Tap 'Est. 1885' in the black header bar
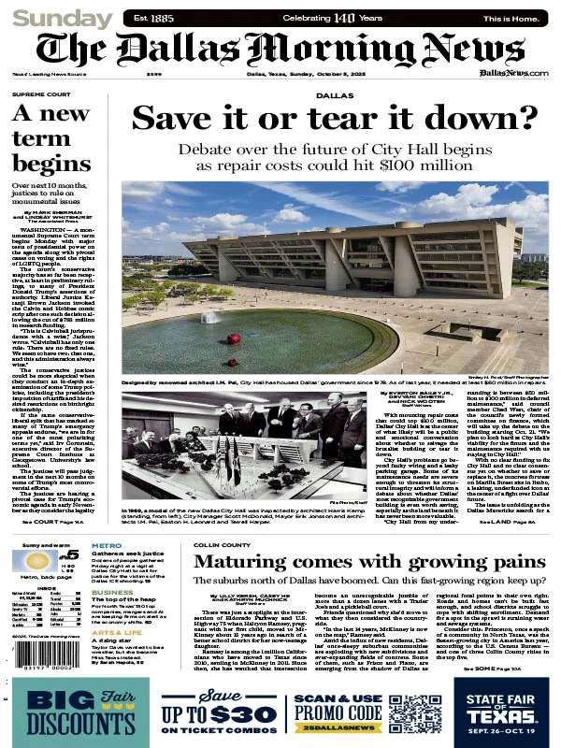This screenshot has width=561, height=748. (153, 18)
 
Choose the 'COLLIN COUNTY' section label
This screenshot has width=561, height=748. (220, 543)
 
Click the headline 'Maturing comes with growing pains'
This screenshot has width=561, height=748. (369, 563)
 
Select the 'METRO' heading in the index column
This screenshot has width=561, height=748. (105, 545)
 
